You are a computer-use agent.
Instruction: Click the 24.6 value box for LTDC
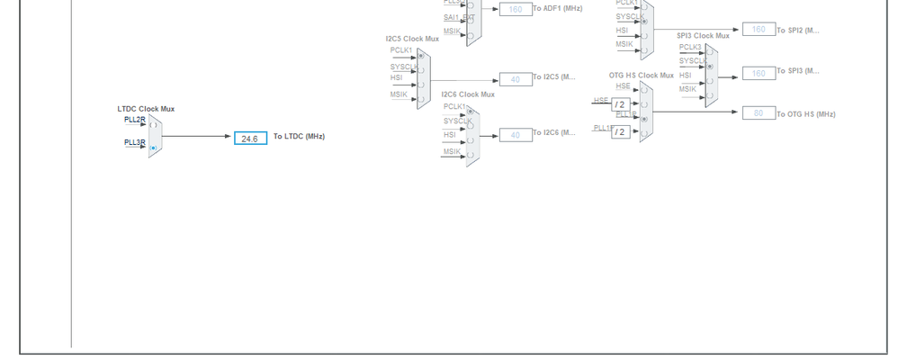click(250, 139)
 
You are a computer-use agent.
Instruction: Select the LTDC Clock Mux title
click(146, 109)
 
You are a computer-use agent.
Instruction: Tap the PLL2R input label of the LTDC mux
click(134, 120)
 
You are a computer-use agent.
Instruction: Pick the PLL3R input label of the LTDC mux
click(134, 142)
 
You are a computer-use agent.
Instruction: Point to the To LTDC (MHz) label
click(299, 137)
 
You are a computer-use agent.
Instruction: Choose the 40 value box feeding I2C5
click(516, 79)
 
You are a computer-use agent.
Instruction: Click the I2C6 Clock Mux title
click(468, 94)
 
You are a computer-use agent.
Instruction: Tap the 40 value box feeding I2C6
click(516, 135)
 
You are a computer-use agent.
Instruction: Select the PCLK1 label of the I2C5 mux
click(400, 50)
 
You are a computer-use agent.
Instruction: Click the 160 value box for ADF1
click(516, 9)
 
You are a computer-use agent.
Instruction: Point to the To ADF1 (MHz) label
click(557, 9)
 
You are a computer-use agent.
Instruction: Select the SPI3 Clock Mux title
click(703, 36)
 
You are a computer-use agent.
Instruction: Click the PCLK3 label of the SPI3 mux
click(690, 47)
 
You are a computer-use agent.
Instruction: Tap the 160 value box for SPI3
click(759, 73)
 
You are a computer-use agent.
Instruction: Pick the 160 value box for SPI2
click(759, 30)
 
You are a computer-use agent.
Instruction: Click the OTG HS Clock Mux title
click(641, 76)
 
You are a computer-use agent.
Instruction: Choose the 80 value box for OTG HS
click(759, 113)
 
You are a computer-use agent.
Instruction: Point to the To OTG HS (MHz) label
click(806, 114)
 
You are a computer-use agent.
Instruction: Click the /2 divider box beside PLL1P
click(620, 131)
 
